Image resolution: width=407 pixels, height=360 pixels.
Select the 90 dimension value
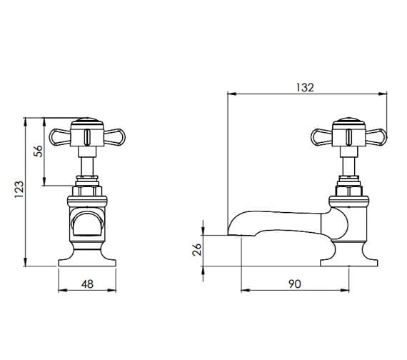click(294, 284)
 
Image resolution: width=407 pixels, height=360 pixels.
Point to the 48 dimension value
click(87, 284)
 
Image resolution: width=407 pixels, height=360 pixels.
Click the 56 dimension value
click(39, 151)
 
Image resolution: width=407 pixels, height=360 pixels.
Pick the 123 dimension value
click(19, 191)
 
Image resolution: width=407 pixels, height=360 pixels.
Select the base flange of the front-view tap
click(86, 257)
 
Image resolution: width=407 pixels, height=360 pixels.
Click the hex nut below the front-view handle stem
click(86, 190)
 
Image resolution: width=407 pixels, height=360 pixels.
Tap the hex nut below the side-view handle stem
click(348, 190)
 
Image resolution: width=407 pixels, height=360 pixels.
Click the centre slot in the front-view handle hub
click(86, 136)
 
